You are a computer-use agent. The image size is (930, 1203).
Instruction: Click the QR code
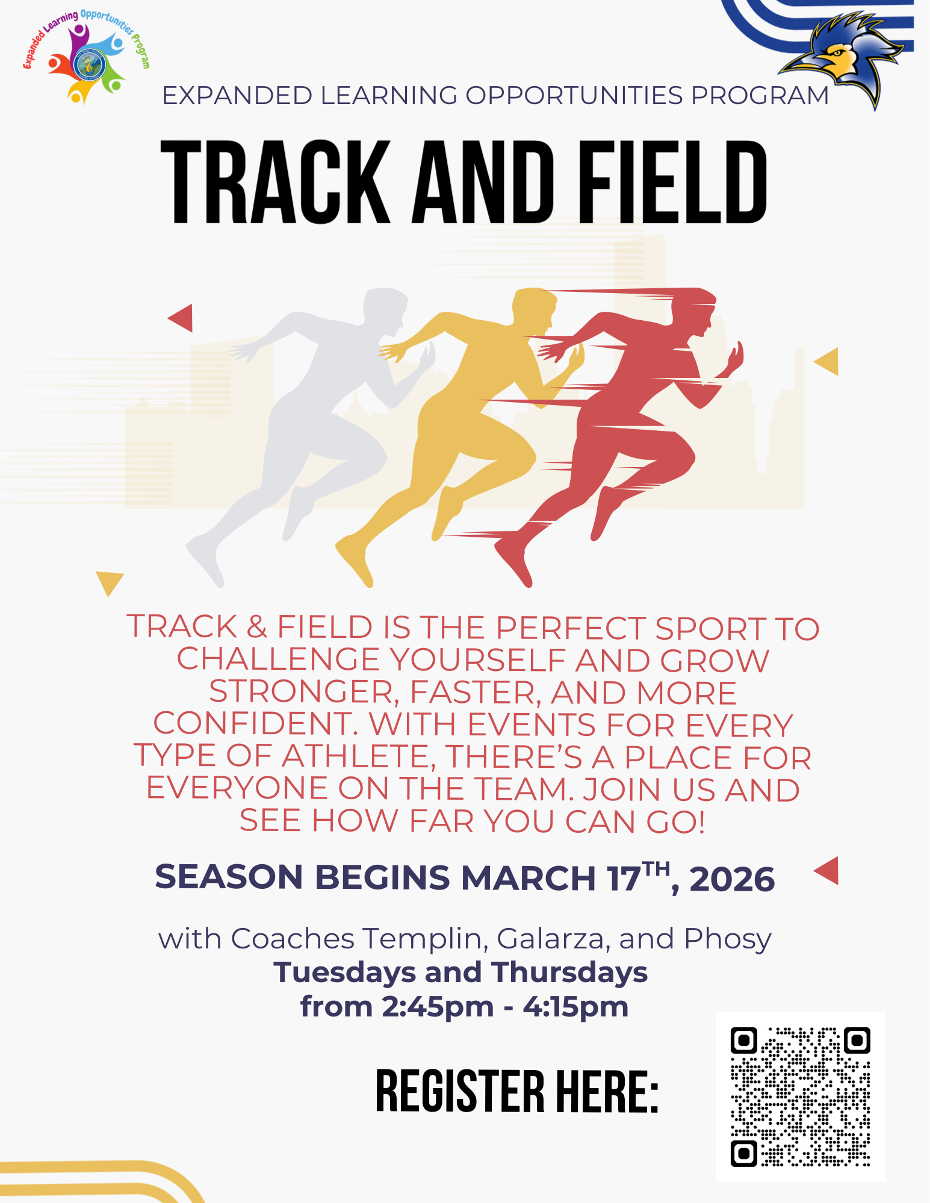tap(800, 1096)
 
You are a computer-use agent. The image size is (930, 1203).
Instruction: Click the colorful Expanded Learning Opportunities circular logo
tap(87, 58)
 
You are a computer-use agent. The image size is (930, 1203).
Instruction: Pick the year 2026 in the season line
tap(732, 879)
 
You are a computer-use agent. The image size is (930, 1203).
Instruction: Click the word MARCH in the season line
tap(529, 878)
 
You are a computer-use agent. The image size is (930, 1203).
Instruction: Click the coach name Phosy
tap(728, 939)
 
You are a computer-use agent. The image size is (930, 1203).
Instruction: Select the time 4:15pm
tap(575, 1007)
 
